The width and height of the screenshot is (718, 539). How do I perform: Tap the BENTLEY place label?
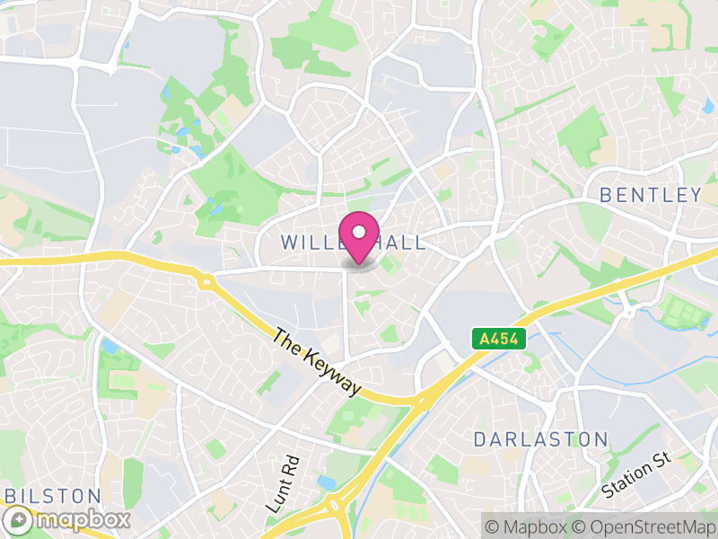650,195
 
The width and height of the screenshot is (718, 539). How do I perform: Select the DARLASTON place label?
540,439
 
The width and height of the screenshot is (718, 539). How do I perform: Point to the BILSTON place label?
53,496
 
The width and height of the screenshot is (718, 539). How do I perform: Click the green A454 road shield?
498,339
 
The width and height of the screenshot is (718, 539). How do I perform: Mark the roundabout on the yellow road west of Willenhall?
207,282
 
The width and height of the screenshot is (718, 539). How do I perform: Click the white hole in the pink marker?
359,230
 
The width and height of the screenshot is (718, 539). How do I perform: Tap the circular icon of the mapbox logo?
17,519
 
